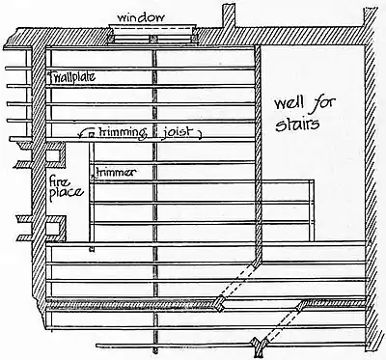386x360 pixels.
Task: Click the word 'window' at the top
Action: point(141,17)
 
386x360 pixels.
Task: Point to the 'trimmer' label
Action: point(115,171)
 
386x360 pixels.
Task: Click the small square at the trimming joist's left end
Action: point(90,134)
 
